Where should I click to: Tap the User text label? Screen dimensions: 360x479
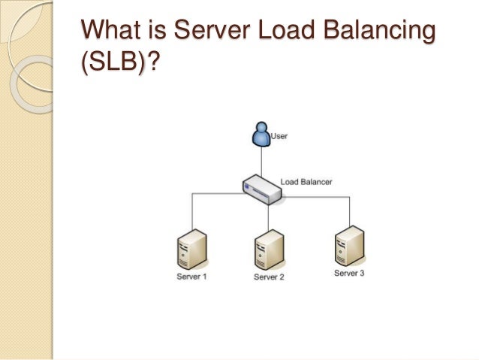(279, 137)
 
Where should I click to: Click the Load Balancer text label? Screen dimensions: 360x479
(306, 181)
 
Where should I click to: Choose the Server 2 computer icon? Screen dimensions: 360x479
(269, 250)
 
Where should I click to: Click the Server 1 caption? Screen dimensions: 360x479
(191, 277)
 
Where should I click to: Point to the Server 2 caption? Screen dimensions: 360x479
(269, 277)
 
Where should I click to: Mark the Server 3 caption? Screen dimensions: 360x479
(349, 273)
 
